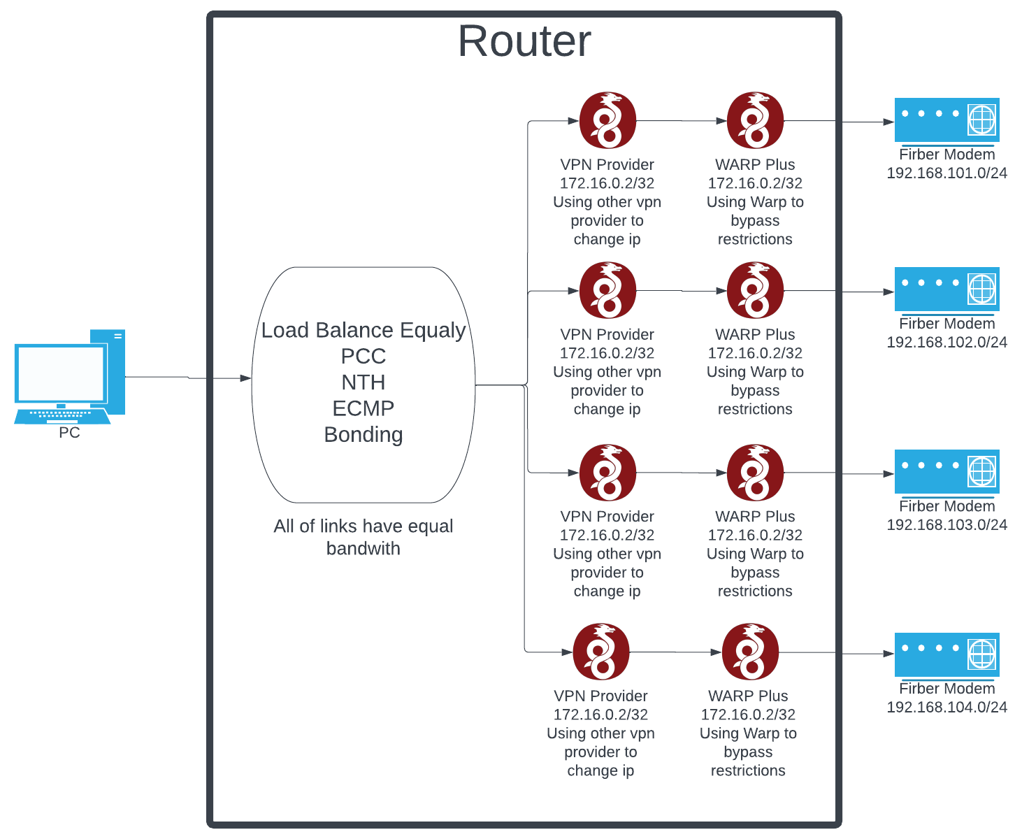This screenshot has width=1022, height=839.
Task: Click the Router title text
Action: [x=524, y=41]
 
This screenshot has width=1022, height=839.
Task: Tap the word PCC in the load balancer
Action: [x=363, y=356]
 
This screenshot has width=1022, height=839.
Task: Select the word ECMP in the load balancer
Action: [x=363, y=408]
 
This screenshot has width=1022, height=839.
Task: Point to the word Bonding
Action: [x=363, y=434]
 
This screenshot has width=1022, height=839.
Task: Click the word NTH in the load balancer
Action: [x=363, y=382]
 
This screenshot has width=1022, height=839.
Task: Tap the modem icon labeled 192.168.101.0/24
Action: [x=947, y=120]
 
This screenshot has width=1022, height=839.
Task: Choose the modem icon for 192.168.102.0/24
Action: [x=947, y=289]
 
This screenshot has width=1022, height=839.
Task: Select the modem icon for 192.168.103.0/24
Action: [x=947, y=471]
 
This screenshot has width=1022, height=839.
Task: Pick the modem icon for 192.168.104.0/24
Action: [x=947, y=654]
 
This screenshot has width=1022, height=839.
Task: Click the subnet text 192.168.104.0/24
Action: [x=947, y=707]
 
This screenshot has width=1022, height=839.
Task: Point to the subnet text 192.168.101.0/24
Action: [x=947, y=173]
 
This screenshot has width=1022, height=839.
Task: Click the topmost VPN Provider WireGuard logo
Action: [x=607, y=120]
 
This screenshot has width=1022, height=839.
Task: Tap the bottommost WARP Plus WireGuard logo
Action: [x=750, y=652]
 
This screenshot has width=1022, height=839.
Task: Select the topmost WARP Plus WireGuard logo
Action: [x=755, y=120]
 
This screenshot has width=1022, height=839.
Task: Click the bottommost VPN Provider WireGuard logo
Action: [x=600, y=652]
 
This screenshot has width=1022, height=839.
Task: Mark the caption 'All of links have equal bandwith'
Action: [x=363, y=537]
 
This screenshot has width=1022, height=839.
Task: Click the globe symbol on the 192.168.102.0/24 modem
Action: [x=981, y=288]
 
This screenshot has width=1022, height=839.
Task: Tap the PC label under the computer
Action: [x=69, y=433]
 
